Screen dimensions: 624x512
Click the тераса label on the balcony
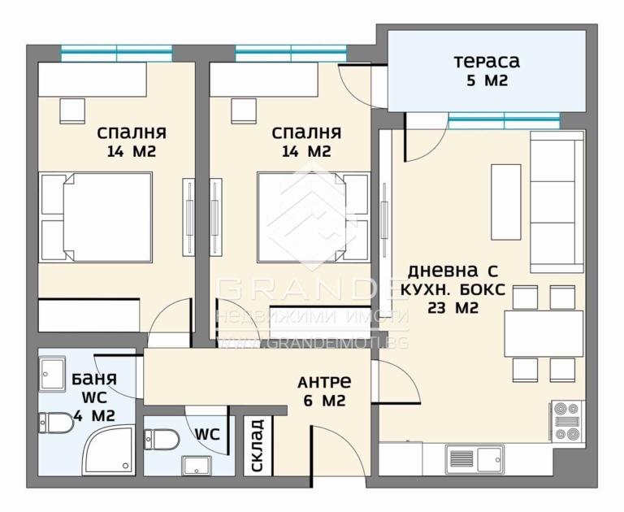point(487,62)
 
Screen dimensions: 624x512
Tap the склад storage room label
point(258,445)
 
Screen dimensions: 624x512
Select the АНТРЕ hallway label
point(324,382)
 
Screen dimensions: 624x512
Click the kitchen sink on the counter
point(474,458)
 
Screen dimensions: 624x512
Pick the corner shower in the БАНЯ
point(108,451)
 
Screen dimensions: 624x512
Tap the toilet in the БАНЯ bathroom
point(56,423)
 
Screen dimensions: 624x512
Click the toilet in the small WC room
point(162,440)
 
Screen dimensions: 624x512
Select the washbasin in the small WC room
point(197,466)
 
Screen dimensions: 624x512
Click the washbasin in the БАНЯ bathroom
point(52,374)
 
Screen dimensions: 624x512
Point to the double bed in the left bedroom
point(96,217)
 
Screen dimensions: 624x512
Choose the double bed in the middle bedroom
point(314,217)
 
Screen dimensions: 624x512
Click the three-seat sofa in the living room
point(557,202)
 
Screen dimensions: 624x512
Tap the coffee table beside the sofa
point(506,202)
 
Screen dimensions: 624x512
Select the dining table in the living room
point(544,334)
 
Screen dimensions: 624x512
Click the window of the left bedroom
point(117,53)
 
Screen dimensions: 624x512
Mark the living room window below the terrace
point(504,120)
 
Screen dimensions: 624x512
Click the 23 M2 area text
point(453,308)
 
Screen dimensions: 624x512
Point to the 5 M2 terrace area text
point(487,81)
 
